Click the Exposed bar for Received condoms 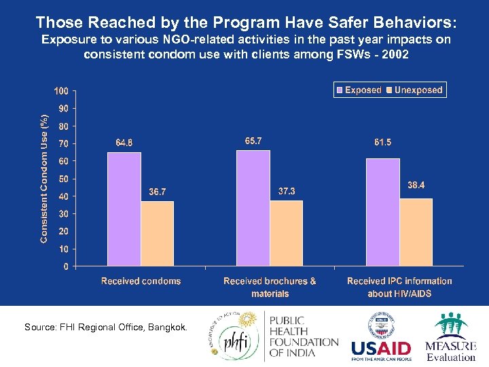(124, 209)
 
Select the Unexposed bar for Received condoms (157, 233)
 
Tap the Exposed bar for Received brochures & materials (253, 207)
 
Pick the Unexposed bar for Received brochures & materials (286, 232)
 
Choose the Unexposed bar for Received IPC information (416, 231)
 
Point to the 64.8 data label (124, 143)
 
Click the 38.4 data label (416, 186)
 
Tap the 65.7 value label (253, 141)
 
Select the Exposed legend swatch (340, 90)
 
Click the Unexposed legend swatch (389, 90)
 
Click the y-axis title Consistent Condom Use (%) (44, 179)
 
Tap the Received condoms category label (141, 281)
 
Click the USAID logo (381, 350)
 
